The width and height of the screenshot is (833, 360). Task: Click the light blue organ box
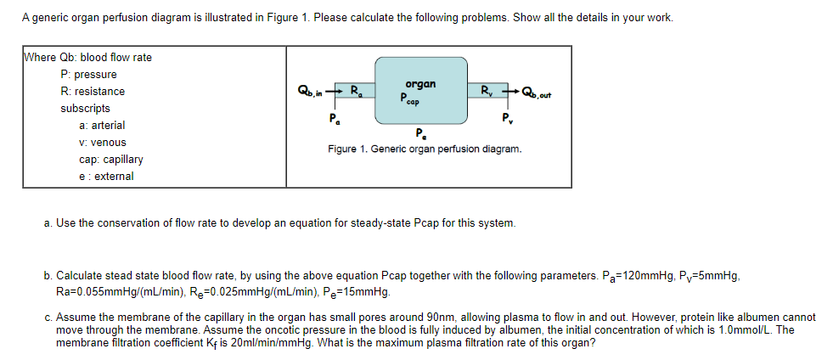pyautogui.click(x=422, y=91)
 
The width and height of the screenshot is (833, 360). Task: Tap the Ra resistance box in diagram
pyautogui.click(x=358, y=89)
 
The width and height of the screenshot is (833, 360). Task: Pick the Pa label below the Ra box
pyautogui.click(x=335, y=117)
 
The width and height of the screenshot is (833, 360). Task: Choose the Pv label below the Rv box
pyautogui.click(x=507, y=117)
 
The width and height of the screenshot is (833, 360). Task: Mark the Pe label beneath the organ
pyautogui.click(x=421, y=132)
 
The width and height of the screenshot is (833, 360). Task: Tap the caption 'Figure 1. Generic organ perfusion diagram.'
pyautogui.click(x=425, y=149)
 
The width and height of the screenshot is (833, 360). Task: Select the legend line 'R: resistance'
pyautogui.click(x=93, y=91)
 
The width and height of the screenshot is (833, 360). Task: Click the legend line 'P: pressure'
pyautogui.click(x=88, y=74)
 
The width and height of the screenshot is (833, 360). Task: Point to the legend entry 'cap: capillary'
pyautogui.click(x=110, y=159)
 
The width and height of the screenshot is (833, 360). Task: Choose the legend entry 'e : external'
pyautogui.click(x=106, y=176)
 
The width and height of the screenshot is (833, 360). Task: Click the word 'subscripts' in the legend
pyautogui.click(x=85, y=108)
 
